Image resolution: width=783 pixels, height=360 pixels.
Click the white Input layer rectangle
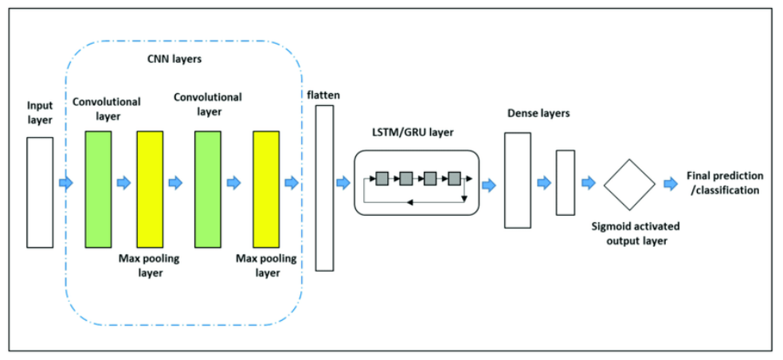[x=40, y=192]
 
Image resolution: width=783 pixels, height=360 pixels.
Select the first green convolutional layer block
[x=98, y=190]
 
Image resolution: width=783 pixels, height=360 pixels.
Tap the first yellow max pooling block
[x=150, y=190]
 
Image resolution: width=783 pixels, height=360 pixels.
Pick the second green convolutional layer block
[x=207, y=190]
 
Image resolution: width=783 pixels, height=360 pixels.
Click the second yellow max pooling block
[x=266, y=190]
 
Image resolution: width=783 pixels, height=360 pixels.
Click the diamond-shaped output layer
[x=628, y=184]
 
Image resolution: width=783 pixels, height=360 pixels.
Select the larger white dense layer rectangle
[x=517, y=180]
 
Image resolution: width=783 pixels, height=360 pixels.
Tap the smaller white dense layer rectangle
[x=565, y=182]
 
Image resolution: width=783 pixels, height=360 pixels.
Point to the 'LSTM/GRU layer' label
[x=413, y=132]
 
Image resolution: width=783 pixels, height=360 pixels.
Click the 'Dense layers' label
[x=538, y=113]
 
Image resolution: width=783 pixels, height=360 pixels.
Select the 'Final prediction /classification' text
[x=723, y=183]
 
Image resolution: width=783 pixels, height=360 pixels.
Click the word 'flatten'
[x=323, y=95]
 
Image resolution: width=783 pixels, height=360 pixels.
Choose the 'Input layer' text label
[x=40, y=112]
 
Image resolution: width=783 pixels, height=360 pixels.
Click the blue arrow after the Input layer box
[x=65, y=184]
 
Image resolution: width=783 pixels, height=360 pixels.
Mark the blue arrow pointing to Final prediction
[x=670, y=184]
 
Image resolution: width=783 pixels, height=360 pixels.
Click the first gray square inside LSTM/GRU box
[x=382, y=177]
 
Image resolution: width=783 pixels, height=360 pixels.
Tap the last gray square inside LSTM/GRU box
[x=455, y=177]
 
